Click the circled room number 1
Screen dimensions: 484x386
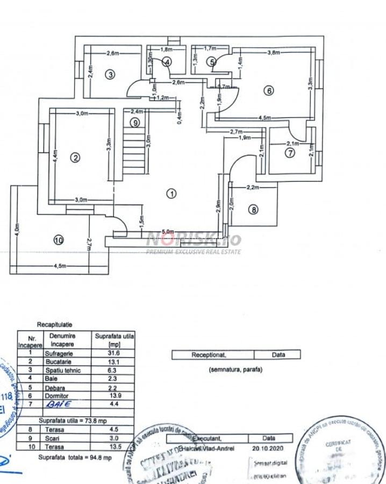coord(171,194)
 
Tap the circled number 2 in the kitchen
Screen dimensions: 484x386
coord(75,158)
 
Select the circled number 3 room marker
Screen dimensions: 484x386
coord(110,75)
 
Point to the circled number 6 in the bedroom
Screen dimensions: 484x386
coord(268,91)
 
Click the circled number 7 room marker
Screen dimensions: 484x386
coord(290,153)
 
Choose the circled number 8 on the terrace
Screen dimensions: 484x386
coord(253,210)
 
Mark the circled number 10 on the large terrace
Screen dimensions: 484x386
coord(59,240)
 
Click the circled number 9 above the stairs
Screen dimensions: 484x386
coord(135,123)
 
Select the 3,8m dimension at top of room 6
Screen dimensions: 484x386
coord(275,53)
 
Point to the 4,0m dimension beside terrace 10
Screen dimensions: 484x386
coord(17,230)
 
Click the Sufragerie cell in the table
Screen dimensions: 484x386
coord(62,353)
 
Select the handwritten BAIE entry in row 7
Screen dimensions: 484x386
coord(59,403)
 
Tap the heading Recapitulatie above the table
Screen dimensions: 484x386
coord(54,325)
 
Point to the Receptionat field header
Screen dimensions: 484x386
coord(212,355)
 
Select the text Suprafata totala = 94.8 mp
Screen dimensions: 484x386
coord(75,457)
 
